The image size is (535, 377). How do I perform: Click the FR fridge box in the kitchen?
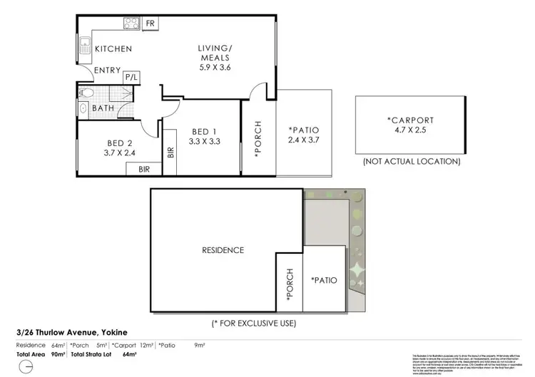150,24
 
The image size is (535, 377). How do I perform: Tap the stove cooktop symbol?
132,24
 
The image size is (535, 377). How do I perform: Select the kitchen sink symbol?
83,45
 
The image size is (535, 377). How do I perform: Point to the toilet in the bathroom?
85,93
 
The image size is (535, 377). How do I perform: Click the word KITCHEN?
113,49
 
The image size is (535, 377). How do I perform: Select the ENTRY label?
108,70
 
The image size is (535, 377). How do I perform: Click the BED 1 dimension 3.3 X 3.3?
203,141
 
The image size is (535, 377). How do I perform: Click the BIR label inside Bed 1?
170,152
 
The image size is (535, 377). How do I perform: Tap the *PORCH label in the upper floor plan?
258,137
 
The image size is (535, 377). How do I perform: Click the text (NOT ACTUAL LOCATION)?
411,162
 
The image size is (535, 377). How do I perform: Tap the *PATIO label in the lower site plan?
324,280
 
